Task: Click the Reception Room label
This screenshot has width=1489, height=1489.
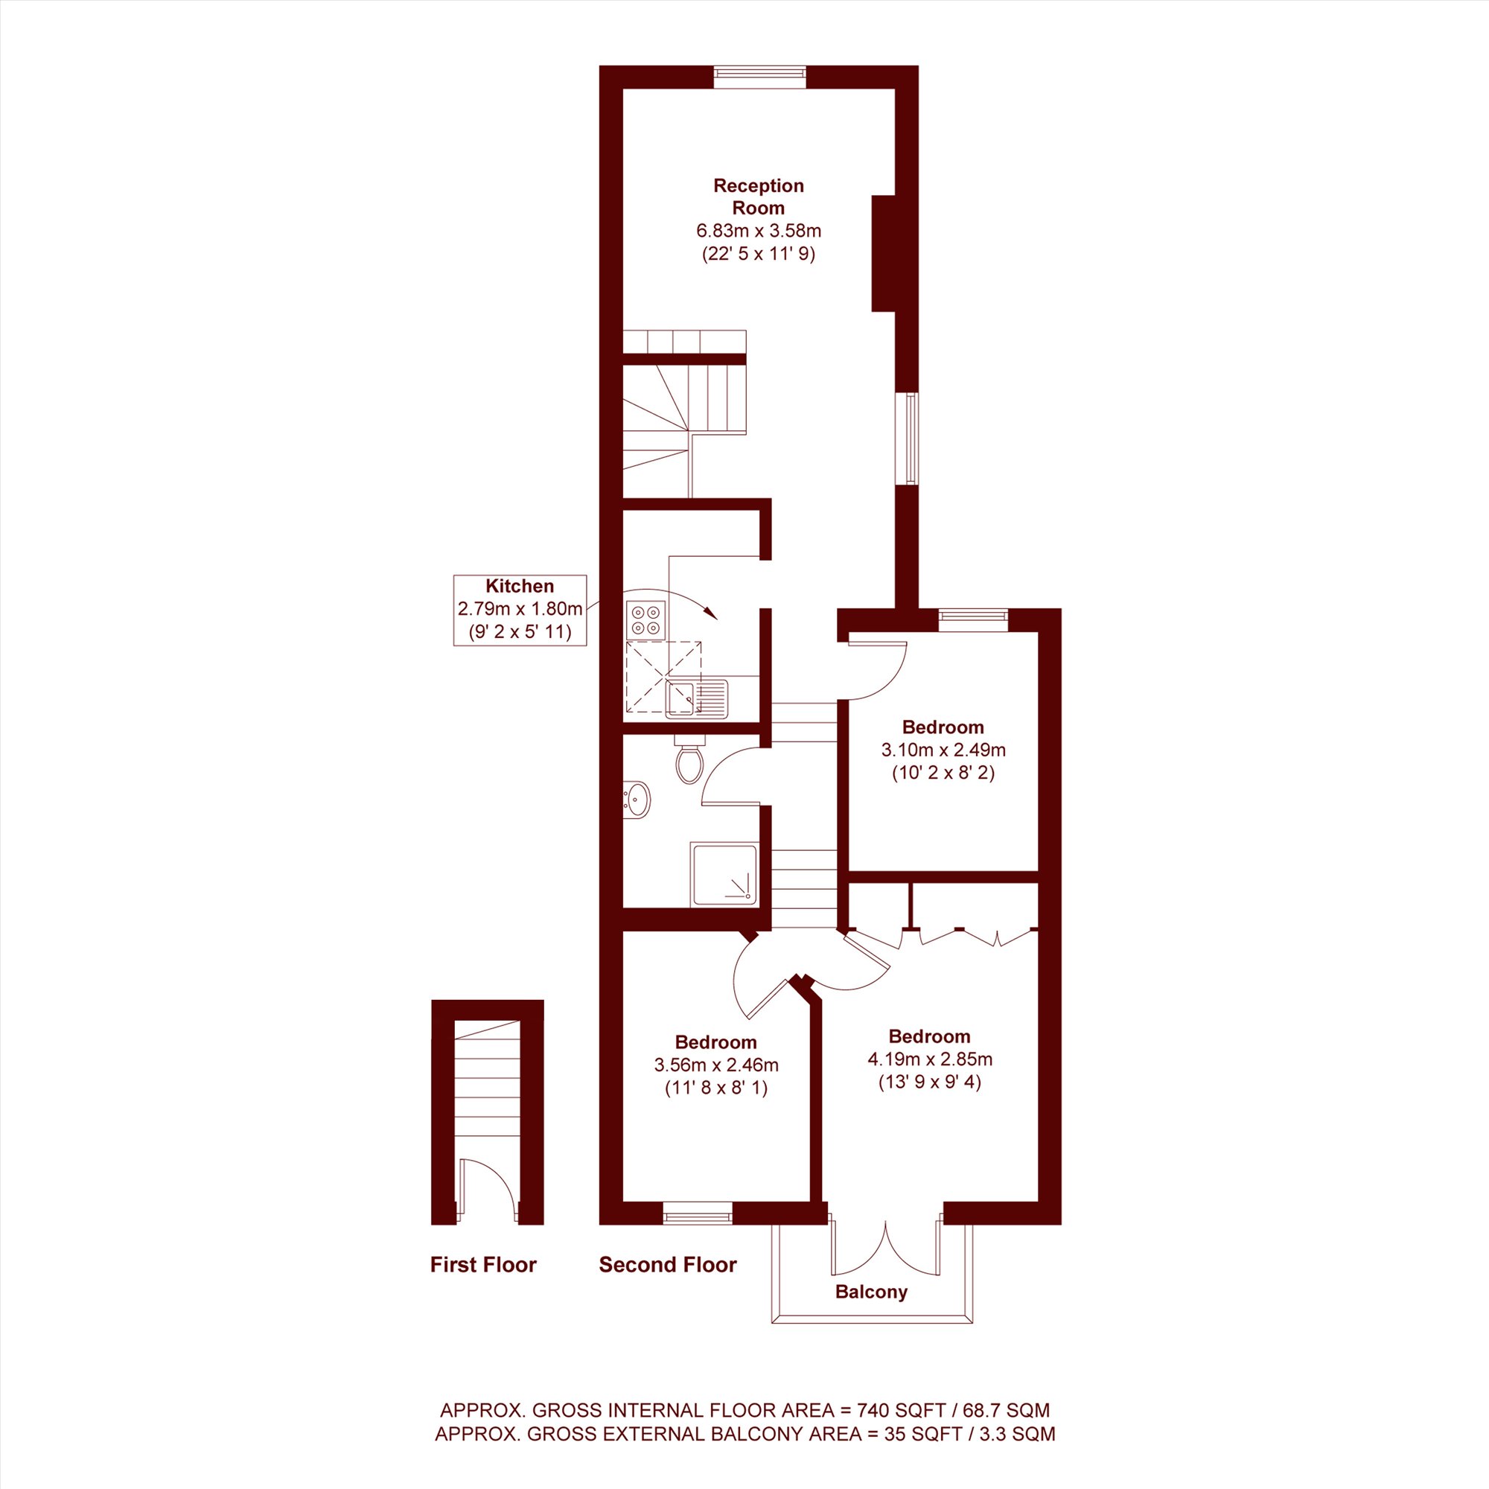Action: point(759,197)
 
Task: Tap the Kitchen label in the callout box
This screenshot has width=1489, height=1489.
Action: point(520,586)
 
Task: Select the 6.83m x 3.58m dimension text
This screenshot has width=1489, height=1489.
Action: point(759,231)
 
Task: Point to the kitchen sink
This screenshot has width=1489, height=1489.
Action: point(697,698)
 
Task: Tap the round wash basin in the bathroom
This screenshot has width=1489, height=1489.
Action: point(637,798)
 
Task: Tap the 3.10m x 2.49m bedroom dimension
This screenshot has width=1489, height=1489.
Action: point(943,749)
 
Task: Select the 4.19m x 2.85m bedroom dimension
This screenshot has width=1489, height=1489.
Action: point(929,1059)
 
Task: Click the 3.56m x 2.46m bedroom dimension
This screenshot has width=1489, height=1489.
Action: point(716,1065)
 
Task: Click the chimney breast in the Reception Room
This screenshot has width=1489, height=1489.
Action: point(883,254)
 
